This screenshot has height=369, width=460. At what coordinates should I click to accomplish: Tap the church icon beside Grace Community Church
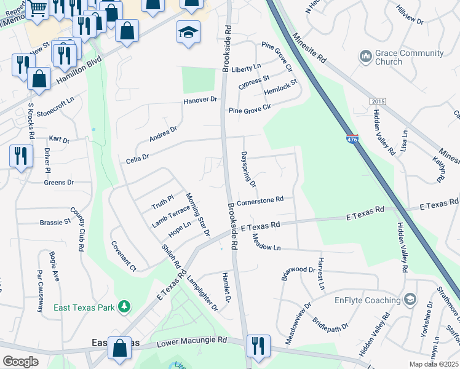(x=365, y=57)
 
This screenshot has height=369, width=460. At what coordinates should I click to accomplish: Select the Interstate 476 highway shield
(x=352, y=140)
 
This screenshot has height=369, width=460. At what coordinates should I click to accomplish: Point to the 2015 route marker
(x=377, y=101)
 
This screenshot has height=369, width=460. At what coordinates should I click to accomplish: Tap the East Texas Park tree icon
(x=124, y=306)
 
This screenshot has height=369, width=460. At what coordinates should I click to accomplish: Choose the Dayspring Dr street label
(x=248, y=169)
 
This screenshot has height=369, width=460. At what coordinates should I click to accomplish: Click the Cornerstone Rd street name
(x=260, y=200)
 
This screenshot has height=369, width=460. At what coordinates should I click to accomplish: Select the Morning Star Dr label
(x=198, y=213)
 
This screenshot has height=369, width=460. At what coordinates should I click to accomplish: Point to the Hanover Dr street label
(x=200, y=100)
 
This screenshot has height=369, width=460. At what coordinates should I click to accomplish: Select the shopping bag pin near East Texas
(x=119, y=347)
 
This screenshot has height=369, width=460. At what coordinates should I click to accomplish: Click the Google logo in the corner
(x=20, y=362)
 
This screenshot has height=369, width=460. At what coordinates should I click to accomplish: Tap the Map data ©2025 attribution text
(x=434, y=364)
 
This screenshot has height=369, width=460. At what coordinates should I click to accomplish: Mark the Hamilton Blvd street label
(x=78, y=71)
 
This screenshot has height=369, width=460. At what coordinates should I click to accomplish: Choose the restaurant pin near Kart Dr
(x=21, y=156)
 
